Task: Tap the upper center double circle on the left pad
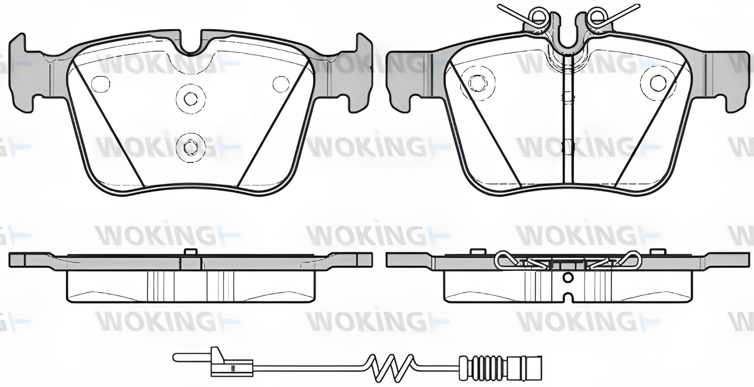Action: (x=190, y=98)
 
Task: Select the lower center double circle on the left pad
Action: (x=190, y=148)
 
